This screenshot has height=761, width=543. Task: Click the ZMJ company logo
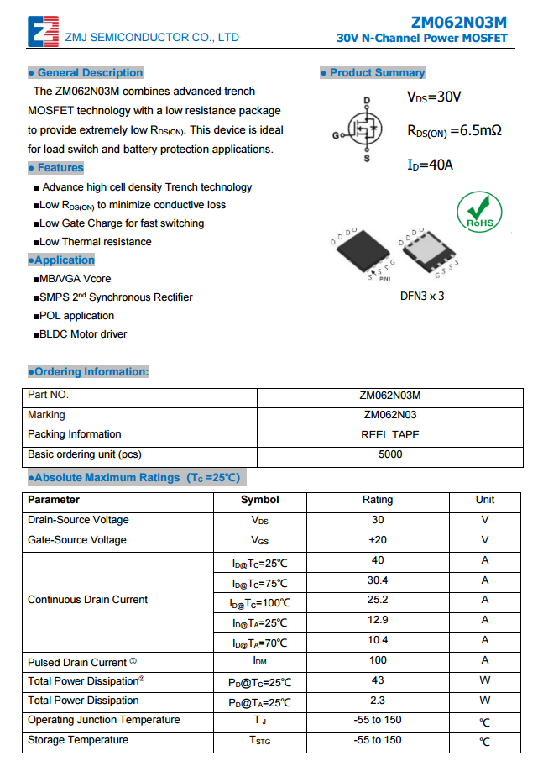click(x=43, y=30)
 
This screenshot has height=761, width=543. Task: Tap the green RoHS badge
click(x=479, y=211)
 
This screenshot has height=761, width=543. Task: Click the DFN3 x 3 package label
click(x=422, y=296)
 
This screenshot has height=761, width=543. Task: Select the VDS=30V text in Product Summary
click(x=434, y=97)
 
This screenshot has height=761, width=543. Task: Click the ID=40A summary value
click(x=430, y=165)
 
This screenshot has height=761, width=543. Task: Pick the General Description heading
click(x=86, y=73)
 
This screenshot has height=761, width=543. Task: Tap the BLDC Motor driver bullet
click(x=81, y=334)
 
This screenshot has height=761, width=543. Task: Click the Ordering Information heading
click(x=88, y=372)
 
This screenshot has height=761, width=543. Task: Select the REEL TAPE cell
click(x=390, y=435)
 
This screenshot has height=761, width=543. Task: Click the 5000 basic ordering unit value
click(x=390, y=454)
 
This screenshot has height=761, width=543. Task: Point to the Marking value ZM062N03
click(x=390, y=415)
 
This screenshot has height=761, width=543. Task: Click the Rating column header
click(x=378, y=500)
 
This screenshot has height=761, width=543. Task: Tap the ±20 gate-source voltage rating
click(x=378, y=540)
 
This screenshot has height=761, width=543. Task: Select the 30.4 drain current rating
click(x=378, y=580)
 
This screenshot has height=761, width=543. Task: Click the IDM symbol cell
click(x=260, y=661)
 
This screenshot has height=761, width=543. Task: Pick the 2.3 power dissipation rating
click(x=378, y=701)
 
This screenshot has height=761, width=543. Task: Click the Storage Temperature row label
click(x=78, y=740)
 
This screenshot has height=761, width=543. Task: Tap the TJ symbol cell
click(x=260, y=721)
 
